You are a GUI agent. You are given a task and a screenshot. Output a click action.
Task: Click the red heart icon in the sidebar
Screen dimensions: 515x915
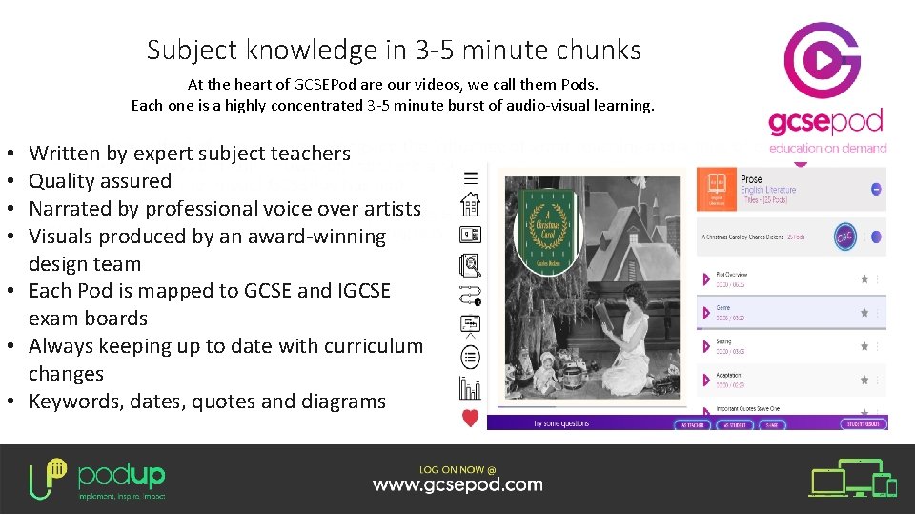(x=470, y=417)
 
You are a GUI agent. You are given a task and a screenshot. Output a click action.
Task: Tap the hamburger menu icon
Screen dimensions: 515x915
(x=470, y=177)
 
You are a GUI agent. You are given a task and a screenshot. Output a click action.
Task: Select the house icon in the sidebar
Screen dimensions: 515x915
(x=470, y=205)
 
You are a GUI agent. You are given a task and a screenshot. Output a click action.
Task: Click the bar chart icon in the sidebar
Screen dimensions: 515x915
(x=470, y=387)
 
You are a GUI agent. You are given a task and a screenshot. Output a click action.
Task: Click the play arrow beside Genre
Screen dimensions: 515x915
(x=707, y=312)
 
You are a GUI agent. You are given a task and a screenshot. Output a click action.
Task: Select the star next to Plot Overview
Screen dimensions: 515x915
(x=864, y=278)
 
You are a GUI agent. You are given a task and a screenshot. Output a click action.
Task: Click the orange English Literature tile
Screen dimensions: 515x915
(x=717, y=189)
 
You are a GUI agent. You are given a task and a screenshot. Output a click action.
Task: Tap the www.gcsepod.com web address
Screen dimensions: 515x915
(x=457, y=484)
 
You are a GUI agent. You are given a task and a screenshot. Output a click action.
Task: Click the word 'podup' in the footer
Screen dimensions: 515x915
(x=121, y=474)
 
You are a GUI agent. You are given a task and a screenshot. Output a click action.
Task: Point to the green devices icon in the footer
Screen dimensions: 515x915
(x=853, y=483)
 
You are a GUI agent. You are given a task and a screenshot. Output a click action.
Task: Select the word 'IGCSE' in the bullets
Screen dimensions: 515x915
(x=360, y=290)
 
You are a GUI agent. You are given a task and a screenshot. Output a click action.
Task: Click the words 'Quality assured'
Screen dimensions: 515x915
(x=100, y=180)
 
